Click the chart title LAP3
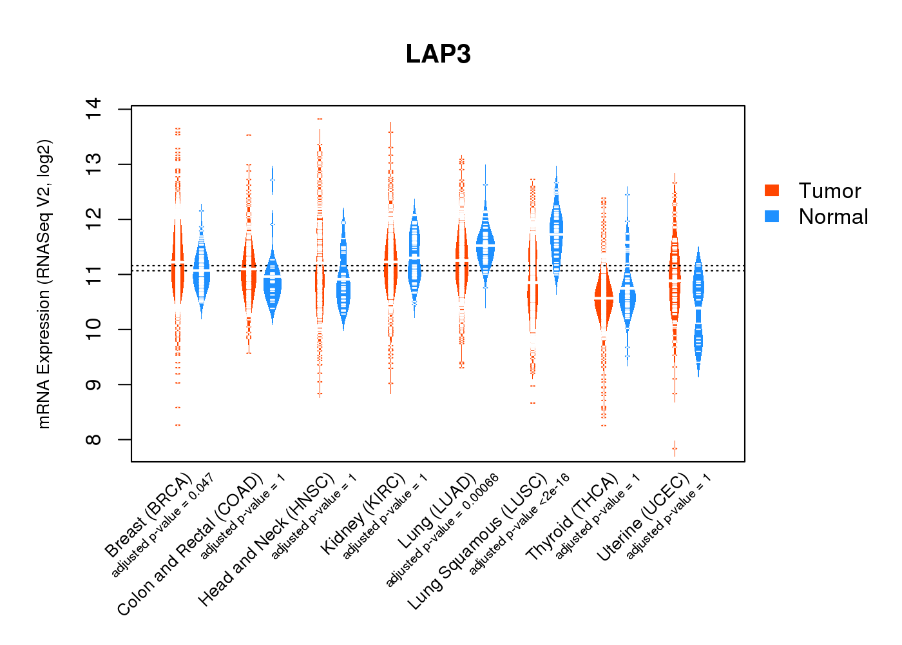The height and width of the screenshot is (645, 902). pos(438,54)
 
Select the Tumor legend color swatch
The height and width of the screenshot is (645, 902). pos(772,190)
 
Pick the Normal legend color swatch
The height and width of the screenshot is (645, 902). pos(772,216)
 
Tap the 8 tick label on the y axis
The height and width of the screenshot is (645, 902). pos(93,440)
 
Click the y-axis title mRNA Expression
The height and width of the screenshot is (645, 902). pos(44,284)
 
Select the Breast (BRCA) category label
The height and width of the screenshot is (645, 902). pos(148,515)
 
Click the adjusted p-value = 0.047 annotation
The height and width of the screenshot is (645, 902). pos(162,525)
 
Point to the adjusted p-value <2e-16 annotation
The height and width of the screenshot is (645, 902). pos(519,524)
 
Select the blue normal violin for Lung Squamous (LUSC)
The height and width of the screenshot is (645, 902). pos(556,232)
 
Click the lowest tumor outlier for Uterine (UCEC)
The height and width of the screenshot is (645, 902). pos(675,448)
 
